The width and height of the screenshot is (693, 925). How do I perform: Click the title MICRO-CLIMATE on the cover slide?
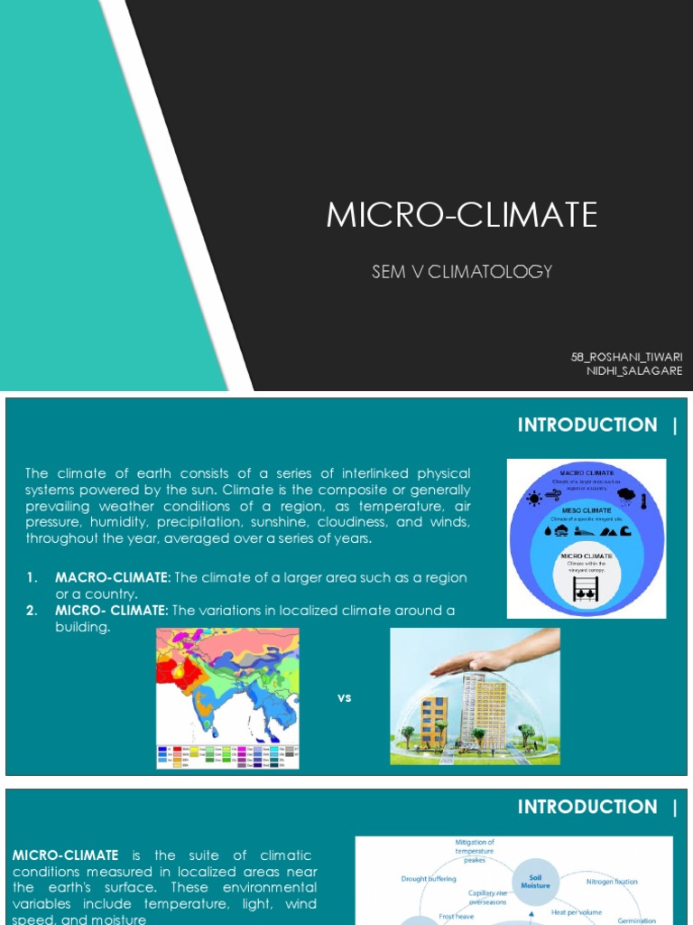tap(461, 215)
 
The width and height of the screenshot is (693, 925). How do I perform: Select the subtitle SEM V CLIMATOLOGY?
tap(461, 271)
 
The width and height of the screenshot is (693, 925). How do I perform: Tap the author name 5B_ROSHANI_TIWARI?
tap(626, 357)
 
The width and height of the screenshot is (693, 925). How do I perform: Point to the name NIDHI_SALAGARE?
tap(634, 370)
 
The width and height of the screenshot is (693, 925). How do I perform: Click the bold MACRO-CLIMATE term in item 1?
tap(112, 577)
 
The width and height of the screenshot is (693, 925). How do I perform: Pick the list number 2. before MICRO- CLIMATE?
tap(32, 611)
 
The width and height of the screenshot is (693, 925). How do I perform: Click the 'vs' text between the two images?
tap(344, 697)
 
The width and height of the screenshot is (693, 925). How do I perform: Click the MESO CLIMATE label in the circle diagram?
tap(587, 509)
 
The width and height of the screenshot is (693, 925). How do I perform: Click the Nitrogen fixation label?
tap(612, 881)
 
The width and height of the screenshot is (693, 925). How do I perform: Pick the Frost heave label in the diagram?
tap(456, 915)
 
